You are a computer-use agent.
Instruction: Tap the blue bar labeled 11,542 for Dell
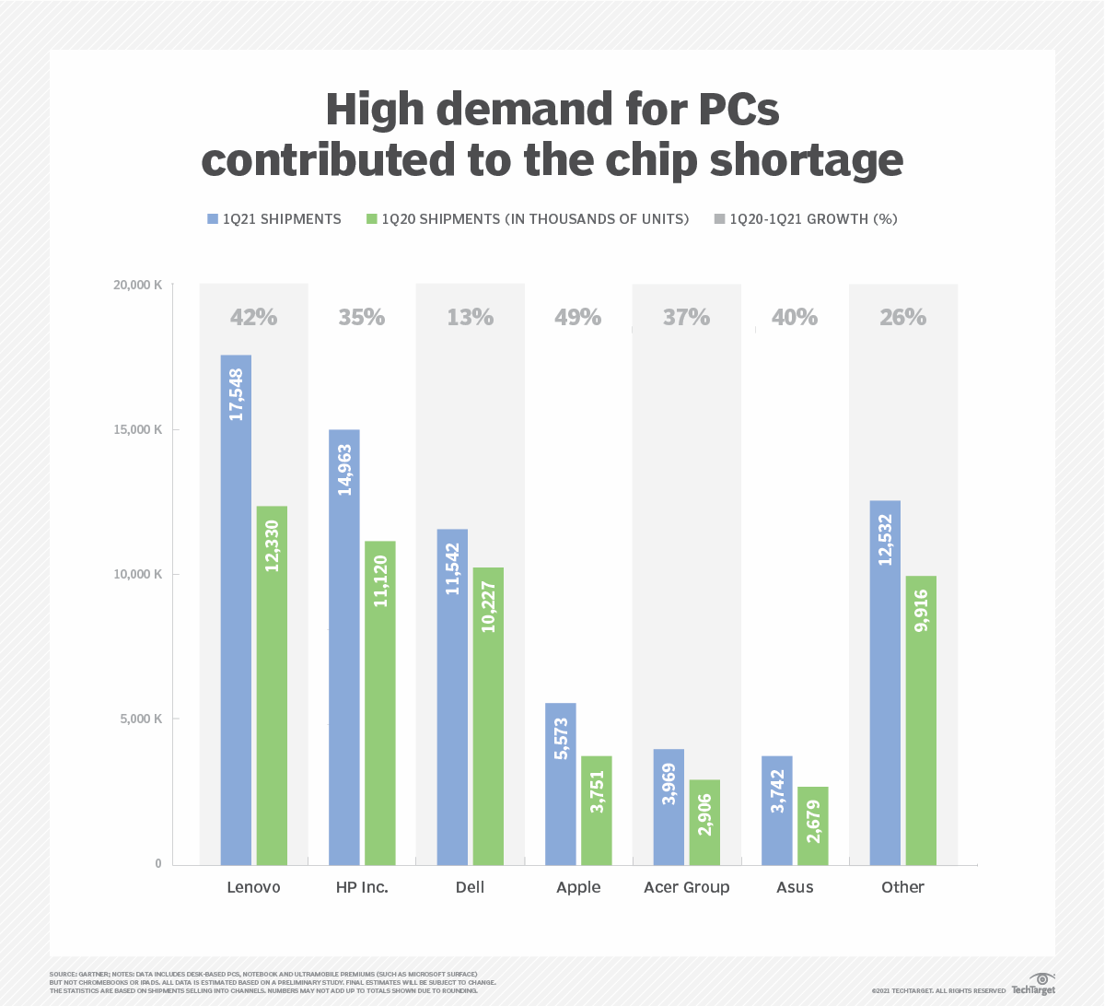click(452, 696)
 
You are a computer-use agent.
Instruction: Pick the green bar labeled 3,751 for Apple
click(597, 811)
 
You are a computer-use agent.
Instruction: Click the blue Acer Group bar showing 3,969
click(669, 807)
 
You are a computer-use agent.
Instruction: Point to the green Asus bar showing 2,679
click(813, 825)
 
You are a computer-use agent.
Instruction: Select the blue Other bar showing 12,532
click(886, 683)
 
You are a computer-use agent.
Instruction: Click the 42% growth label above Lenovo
click(253, 317)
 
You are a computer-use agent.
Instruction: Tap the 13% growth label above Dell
click(470, 317)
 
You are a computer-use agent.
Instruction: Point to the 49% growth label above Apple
click(577, 317)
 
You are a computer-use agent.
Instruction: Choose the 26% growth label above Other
click(902, 317)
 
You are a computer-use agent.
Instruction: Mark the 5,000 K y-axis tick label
click(141, 719)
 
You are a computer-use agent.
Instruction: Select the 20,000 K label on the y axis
click(137, 286)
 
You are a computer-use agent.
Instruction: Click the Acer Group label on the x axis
click(686, 887)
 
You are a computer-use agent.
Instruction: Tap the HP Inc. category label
click(362, 887)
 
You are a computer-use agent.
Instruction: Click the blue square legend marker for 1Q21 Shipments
click(213, 219)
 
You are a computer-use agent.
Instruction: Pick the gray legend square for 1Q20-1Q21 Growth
click(719, 219)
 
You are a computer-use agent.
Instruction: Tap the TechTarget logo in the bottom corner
click(1034, 984)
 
